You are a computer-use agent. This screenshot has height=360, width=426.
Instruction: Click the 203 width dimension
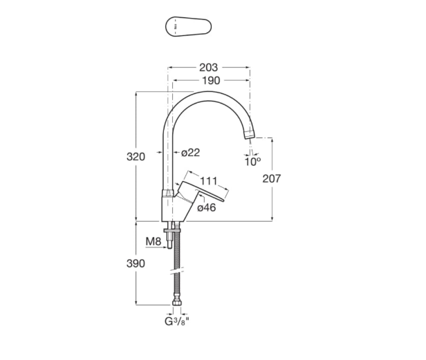pyautogui.click(x=208, y=68)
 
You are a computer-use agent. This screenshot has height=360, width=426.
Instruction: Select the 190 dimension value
pyautogui.click(x=211, y=81)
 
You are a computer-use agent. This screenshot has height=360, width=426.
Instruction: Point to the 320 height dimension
pyautogui.click(x=136, y=157)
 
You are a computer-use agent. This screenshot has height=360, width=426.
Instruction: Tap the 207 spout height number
pyautogui.click(x=272, y=178)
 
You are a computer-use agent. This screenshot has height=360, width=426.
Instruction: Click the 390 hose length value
pyautogui.click(x=136, y=263)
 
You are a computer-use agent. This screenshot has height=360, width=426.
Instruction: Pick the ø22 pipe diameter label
pyautogui.click(x=190, y=153)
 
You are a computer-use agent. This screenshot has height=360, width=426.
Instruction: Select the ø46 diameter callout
pyautogui.click(x=207, y=208)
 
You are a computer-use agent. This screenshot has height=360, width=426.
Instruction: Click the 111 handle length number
pyautogui.click(x=209, y=181)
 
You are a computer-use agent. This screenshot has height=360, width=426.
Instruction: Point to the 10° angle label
pyautogui.click(x=252, y=162)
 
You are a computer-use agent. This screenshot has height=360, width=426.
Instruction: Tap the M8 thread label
pyautogui.click(x=154, y=241)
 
